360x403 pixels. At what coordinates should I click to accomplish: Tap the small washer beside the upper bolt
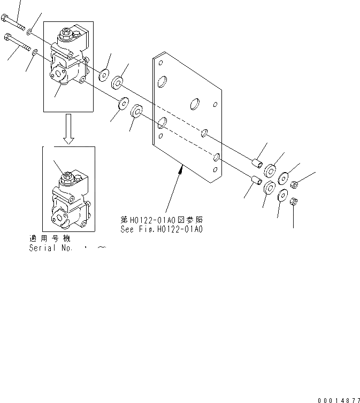click(x=29, y=33)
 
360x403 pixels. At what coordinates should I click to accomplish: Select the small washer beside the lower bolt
click(x=35, y=52)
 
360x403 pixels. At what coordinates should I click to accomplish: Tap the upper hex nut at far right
click(x=295, y=185)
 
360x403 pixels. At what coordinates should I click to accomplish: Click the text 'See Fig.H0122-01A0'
click(x=162, y=229)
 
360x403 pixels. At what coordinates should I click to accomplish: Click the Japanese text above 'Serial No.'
click(x=49, y=238)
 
